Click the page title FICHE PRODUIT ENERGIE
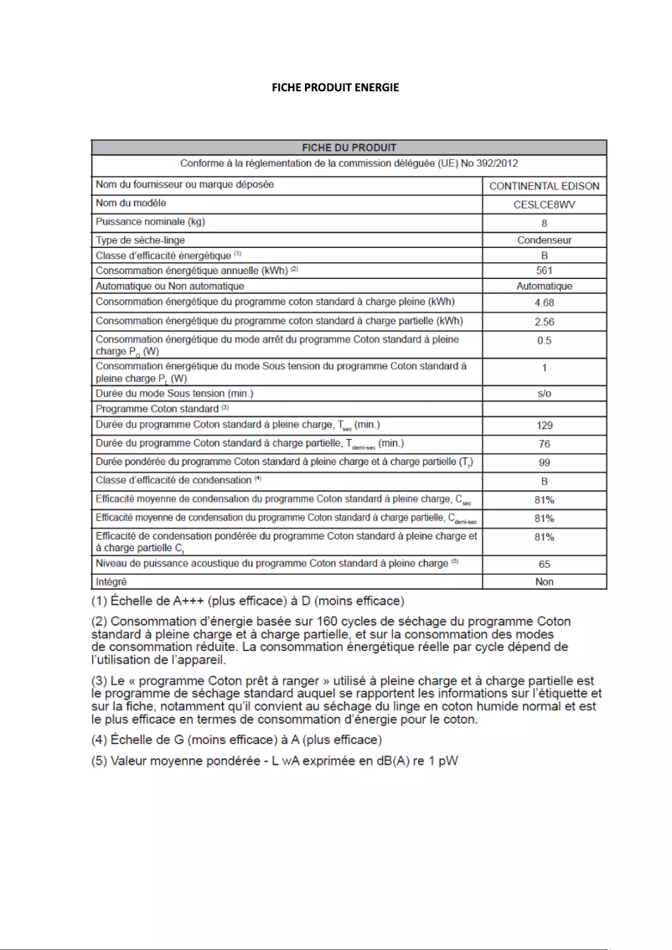[335, 88]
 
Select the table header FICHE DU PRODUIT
[349, 147]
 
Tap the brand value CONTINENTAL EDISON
[544, 186]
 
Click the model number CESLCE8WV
[544, 204]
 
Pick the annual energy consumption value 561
[544, 271]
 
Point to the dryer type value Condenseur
[544, 240]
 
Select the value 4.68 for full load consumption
[544, 302]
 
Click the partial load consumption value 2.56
[544, 322]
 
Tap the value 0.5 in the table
[544, 340]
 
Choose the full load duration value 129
[544, 426]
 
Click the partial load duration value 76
[544, 444]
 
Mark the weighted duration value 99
[544, 462]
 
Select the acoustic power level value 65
[544, 565]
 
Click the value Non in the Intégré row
[544, 581]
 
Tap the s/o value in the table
[544, 393]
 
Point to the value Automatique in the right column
[544, 286]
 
